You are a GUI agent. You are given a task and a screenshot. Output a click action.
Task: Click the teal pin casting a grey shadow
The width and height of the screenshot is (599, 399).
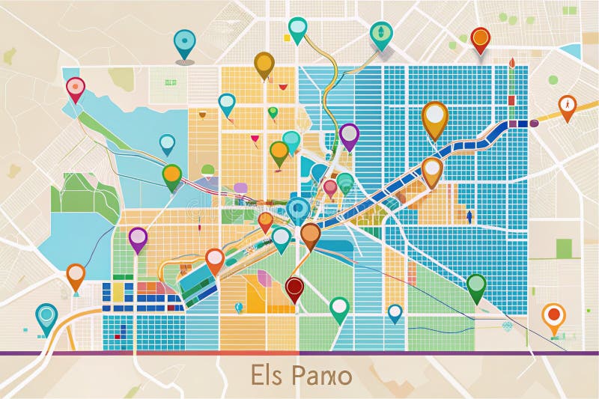click(184, 42)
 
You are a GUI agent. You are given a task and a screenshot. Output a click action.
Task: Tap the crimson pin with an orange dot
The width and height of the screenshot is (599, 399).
click(76, 88)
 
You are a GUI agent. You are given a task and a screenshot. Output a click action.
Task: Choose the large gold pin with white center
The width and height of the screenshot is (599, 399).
click(434, 116)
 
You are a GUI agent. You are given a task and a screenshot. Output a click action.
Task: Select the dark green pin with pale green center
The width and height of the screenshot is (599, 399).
click(476, 285)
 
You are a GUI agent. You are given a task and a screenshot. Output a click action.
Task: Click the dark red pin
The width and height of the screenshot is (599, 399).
click(295, 287)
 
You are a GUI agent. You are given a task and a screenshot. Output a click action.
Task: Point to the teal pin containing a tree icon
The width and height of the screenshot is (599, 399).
click(381, 32)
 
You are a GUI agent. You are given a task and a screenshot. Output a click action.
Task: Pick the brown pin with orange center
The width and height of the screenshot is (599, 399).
click(310, 234)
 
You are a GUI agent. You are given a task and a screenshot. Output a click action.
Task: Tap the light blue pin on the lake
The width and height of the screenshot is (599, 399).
click(167, 141)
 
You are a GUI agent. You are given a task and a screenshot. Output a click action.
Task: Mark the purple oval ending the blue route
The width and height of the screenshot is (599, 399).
click(534, 123)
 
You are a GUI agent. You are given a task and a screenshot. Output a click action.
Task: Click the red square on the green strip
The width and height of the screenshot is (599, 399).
click(511, 100)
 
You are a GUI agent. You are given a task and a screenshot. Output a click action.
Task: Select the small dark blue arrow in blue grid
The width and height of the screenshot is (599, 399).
click(469, 216)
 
